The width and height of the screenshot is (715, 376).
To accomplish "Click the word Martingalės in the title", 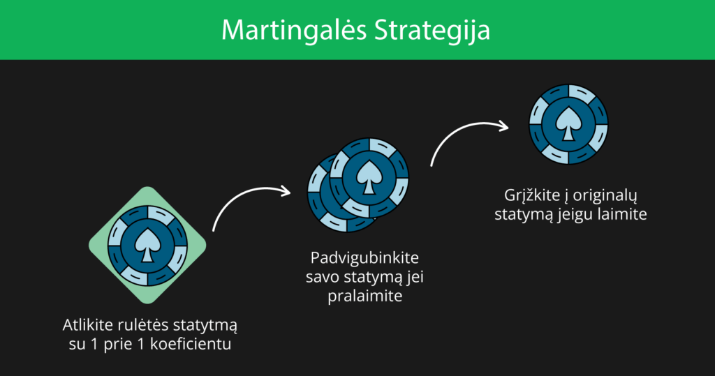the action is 294,31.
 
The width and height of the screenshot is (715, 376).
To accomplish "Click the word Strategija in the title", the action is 432,31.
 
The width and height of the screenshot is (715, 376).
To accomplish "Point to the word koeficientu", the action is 191,344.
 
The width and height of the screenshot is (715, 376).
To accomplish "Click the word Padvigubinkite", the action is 364,258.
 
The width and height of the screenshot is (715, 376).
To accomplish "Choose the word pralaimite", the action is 364,296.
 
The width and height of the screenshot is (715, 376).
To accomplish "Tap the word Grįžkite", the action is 532,196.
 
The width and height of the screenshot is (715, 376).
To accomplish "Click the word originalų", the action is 605,196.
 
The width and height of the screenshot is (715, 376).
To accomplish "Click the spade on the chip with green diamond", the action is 147,245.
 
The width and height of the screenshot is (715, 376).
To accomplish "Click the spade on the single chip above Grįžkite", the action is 568,123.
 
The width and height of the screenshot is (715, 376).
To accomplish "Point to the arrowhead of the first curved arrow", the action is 286,191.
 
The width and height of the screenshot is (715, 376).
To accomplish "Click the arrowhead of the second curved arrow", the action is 503,126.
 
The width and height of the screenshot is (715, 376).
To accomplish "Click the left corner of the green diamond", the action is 89,245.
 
